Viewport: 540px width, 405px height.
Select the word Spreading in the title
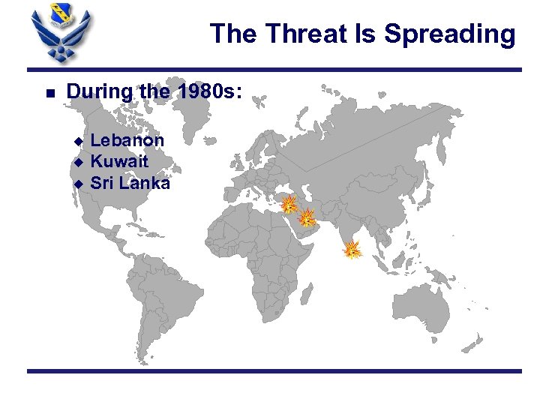coord(449,34)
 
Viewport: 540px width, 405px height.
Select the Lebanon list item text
coord(127,140)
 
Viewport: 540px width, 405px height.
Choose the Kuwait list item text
coord(119,161)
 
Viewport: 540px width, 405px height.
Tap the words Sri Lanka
coord(130,182)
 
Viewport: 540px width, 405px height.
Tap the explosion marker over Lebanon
coord(288,204)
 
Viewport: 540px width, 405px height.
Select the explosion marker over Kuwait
coord(307,218)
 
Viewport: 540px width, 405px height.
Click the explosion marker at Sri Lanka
coord(352,250)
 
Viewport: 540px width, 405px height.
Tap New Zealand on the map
coord(474,341)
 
